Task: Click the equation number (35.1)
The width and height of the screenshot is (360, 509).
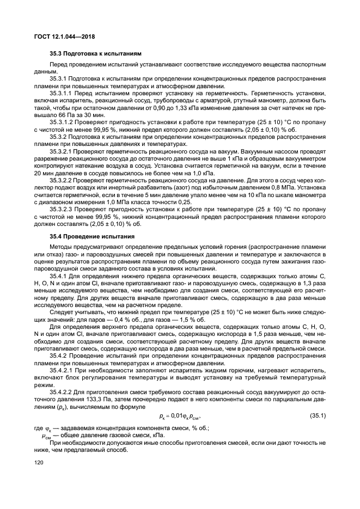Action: tap(318, 416)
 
